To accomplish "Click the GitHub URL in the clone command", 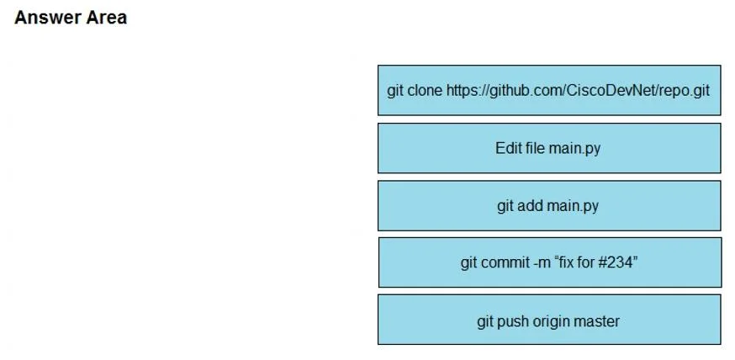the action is click(x=578, y=90).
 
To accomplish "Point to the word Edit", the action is click(x=507, y=148).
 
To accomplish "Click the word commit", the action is click(x=505, y=262).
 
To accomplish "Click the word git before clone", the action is click(x=395, y=91).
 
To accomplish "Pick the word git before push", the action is click(x=485, y=322).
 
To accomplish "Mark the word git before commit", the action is click(x=468, y=263).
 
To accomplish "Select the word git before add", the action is click(x=505, y=206).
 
